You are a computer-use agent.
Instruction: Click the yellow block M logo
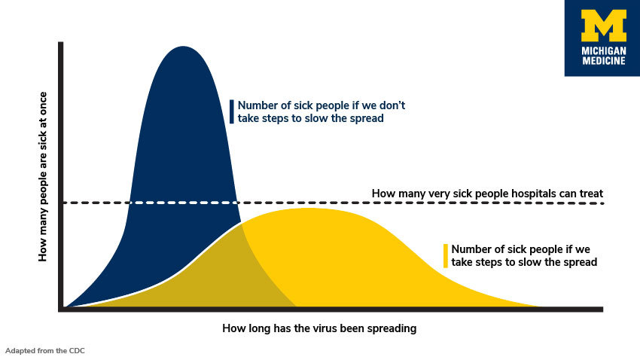click(x=603, y=26)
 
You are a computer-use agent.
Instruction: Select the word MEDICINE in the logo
click(x=603, y=61)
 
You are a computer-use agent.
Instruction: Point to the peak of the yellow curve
click(x=309, y=208)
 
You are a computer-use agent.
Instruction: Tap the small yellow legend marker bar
click(x=446, y=255)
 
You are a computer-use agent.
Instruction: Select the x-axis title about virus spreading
click(x=319, y=328)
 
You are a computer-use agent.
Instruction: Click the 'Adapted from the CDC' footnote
click(x=44, y=350)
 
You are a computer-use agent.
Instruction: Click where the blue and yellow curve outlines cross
click(x=241, y=224)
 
